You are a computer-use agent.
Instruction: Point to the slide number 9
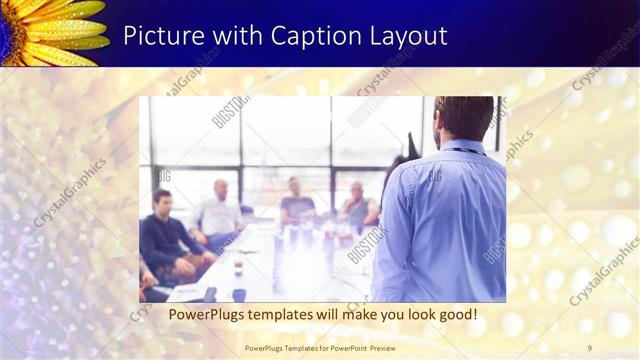coord(590,347)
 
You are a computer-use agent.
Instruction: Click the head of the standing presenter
coord(463,118)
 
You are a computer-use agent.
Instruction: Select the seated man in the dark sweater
coord(163,235)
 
